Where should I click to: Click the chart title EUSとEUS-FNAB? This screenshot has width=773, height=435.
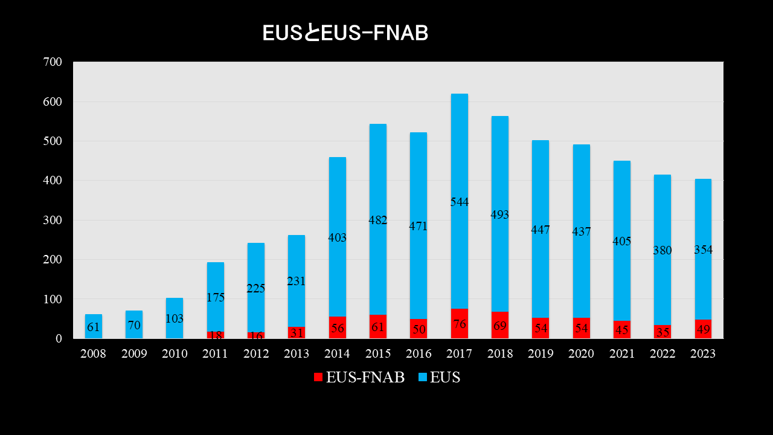345,34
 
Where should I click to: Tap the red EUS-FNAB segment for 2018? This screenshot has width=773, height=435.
499,325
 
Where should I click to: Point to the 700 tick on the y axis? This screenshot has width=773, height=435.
53,62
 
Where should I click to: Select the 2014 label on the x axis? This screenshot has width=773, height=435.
337,354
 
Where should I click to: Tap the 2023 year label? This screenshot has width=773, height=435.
702,354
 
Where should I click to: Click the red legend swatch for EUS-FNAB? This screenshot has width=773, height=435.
318,378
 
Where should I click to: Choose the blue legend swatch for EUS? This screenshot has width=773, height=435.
423,378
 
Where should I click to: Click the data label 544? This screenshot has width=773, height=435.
459,202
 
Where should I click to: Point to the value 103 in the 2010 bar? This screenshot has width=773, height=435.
175,318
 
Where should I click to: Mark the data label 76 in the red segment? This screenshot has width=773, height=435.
459,324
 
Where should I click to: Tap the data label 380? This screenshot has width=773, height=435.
662,250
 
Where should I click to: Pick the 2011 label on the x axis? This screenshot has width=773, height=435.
215,354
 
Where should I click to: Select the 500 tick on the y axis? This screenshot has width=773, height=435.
53,141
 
